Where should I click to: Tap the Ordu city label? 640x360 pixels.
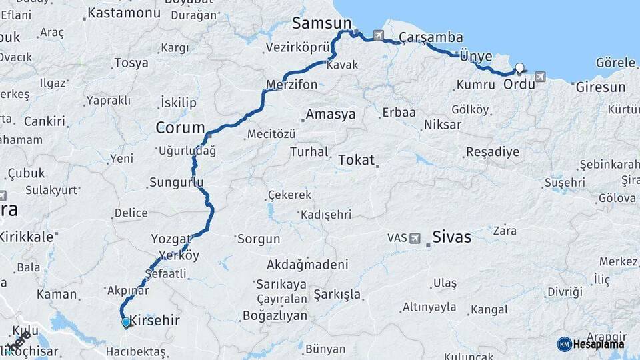point(518,85)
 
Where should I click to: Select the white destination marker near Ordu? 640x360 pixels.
point(519,68)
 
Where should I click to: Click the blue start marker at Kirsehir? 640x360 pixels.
point(125,323)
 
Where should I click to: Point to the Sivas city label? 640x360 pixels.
point(451,237)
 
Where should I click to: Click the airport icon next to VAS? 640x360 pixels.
point(415,238)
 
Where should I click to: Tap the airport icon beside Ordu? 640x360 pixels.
point(539,77)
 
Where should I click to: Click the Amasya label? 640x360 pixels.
point(330,115)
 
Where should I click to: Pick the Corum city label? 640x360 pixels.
point(180,127)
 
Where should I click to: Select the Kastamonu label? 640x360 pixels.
point(124,13)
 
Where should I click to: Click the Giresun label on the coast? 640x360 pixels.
point(600,87)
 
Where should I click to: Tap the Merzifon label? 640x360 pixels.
point(291,85)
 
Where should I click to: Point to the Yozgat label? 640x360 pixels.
point(171,239)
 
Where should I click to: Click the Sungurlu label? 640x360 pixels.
point(176,181)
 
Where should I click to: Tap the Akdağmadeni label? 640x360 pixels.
point(307,264)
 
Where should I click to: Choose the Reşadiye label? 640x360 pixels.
point(492,151)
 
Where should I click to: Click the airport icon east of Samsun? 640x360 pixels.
point(379,35)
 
